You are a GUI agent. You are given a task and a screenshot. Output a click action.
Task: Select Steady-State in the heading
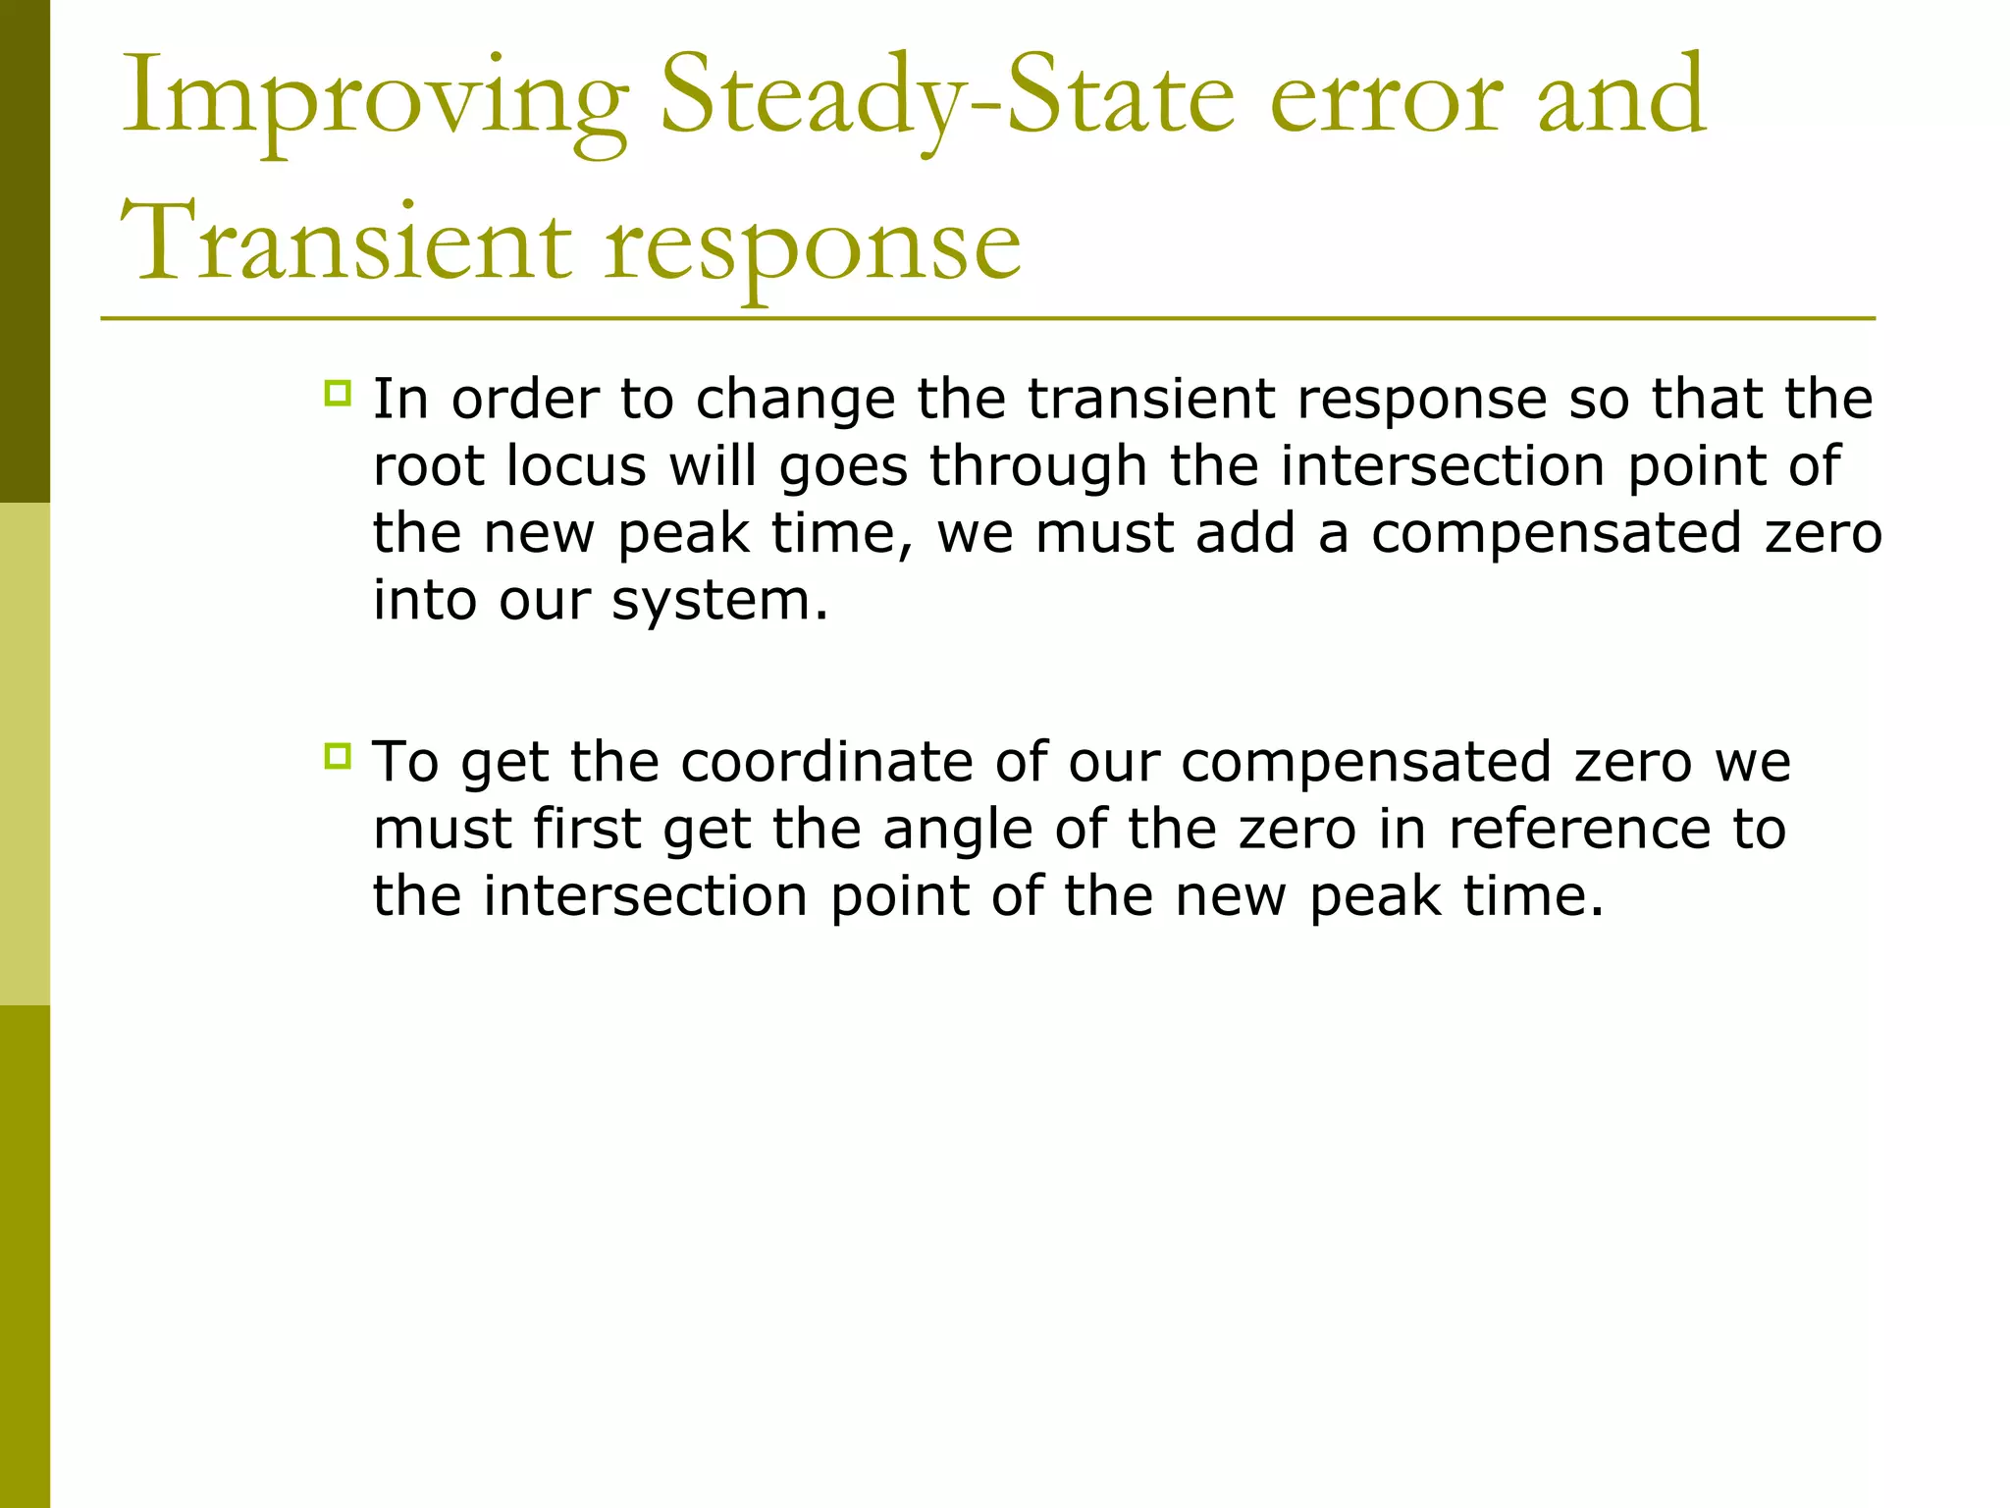(x=946, y=98)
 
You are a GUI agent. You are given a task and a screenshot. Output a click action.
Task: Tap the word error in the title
(x=1385, y=98)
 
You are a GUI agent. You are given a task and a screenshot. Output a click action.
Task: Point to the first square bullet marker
(x=337, y=394)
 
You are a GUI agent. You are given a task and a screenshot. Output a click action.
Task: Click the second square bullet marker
(x=337, y=757)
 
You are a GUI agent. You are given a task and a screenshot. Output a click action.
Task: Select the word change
(x=795, y=401)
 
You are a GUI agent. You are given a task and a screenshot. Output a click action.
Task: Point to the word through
(x=1038, y=467)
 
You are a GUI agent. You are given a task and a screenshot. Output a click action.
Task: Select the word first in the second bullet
(x=587, y=829)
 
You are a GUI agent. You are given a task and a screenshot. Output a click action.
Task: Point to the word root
(x=430, y=467)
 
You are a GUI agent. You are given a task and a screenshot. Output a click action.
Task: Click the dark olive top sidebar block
(x=25, y=250)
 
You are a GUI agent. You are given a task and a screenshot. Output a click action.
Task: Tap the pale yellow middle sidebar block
(x=25, y=753)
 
